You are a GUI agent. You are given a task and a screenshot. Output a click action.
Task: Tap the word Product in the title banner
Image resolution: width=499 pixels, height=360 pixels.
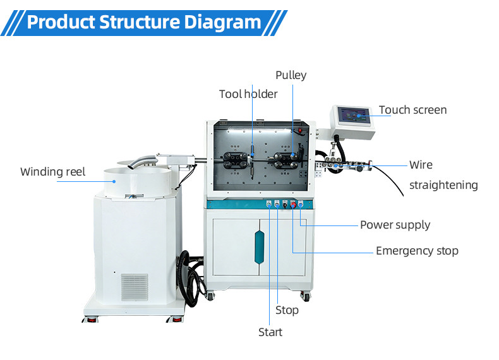tap(61, 22)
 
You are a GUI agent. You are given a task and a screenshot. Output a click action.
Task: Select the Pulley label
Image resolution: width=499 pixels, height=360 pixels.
tap(291, 75)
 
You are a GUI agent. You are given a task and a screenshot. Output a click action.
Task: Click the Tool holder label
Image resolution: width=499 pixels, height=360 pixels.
tap(248, 94)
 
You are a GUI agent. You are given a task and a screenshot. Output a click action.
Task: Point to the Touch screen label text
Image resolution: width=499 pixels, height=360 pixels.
tap(412, 110)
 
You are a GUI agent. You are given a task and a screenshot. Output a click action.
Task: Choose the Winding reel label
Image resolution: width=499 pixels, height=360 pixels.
tap(52, 172)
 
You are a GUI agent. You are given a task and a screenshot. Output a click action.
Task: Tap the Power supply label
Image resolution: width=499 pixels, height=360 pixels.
tap(395, 225)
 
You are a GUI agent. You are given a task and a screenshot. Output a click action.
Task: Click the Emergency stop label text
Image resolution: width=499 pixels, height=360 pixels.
tap(417, 251)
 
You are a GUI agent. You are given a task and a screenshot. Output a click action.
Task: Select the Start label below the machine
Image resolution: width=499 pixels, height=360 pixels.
tap(270, 332)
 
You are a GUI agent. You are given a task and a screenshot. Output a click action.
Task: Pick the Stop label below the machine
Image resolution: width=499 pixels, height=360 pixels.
tap(287, 310)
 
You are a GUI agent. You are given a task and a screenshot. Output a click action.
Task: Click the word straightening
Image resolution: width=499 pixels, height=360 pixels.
tap(443, 185)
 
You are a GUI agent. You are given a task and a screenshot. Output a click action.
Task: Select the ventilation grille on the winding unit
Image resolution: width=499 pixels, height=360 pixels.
tap(134, 287)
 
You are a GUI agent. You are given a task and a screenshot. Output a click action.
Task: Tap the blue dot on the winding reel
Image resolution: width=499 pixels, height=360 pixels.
tap(114, 179)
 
